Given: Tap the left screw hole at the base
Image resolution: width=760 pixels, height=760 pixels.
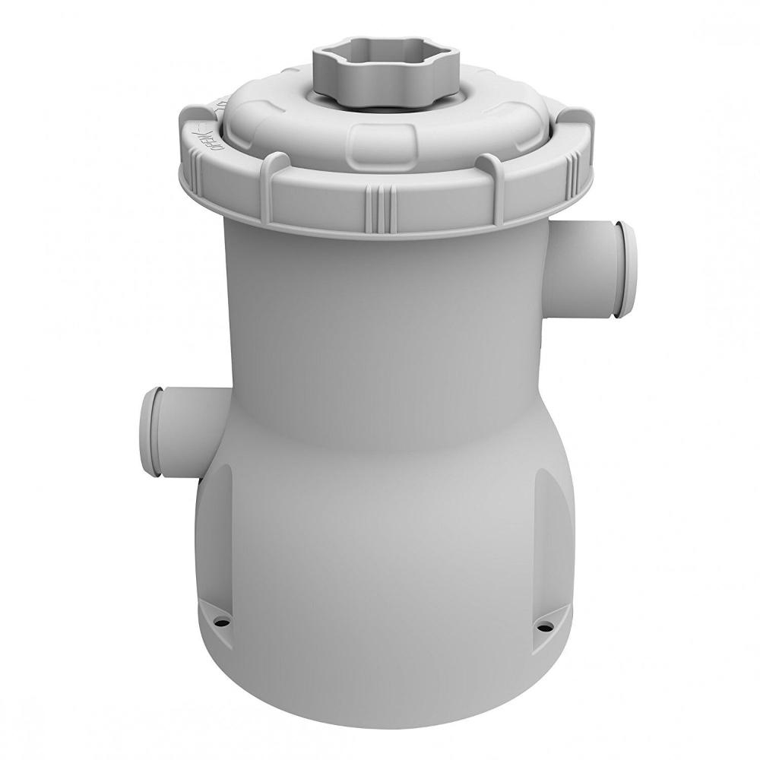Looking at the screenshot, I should pyautogui.click(x=223, y=619).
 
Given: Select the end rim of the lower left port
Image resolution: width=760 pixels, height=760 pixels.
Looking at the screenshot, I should pyautogui.click(x=150, y=432).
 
